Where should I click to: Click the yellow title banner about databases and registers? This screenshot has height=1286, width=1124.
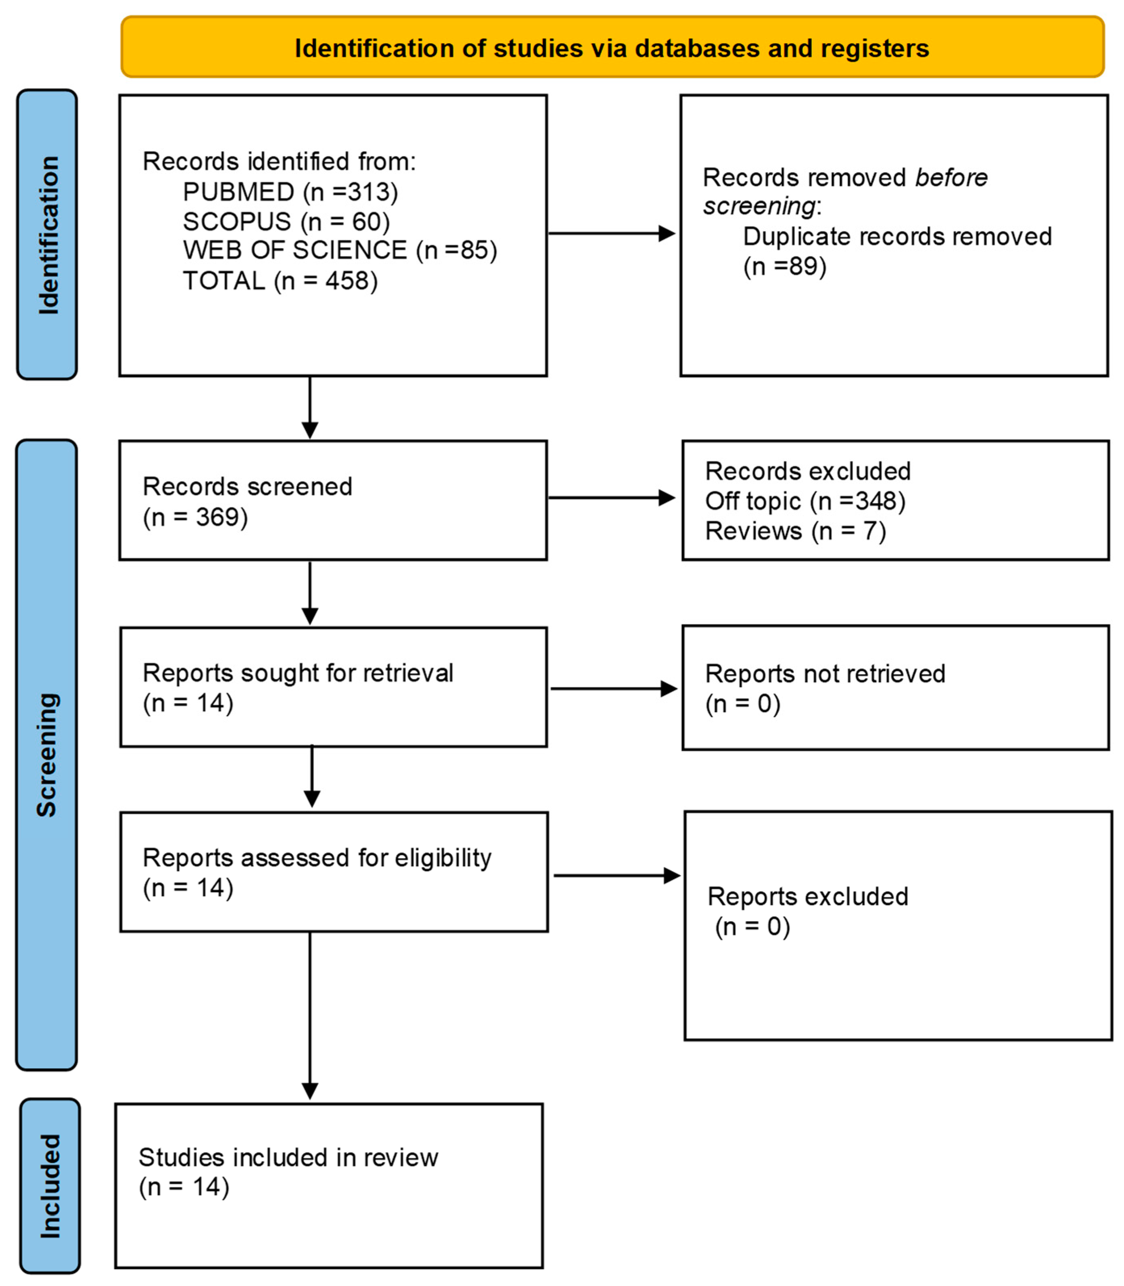coord(612,48)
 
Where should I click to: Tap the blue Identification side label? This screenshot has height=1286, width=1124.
coord(48,234)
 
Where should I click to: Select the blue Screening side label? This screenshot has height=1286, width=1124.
coord(47,754)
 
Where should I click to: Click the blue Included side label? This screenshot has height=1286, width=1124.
coord(50,1186)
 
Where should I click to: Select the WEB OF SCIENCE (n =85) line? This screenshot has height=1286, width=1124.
coord(339,250)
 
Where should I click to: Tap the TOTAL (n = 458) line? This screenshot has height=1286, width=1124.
coord(280,281)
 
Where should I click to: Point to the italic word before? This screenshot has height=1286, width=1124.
coord(951,178)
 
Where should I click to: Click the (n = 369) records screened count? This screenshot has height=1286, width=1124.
coord(195,517)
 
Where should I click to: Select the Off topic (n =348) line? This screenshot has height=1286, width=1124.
coord(805,501)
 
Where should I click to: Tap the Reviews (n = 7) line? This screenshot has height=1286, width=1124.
coord(795,531)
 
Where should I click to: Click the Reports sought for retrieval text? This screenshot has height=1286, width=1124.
coord(297,673)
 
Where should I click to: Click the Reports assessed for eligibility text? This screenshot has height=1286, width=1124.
coord(317,857)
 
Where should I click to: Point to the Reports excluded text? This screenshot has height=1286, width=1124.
coord(807,896)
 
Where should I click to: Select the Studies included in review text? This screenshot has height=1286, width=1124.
coord(288,1157)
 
